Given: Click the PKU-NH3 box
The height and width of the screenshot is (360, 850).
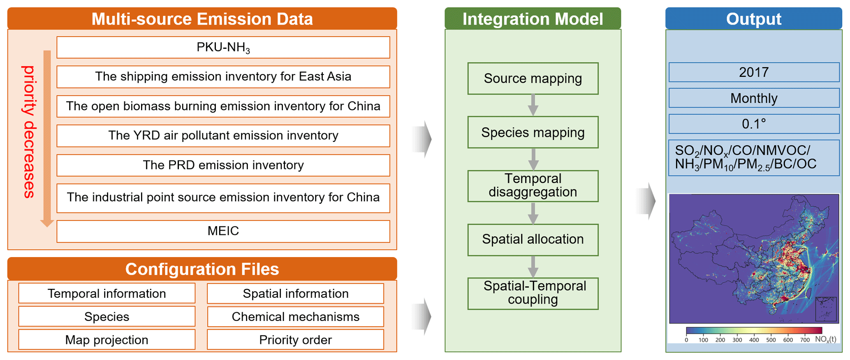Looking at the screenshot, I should (223, 47).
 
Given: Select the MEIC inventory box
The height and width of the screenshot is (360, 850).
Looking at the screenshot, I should (223, 231).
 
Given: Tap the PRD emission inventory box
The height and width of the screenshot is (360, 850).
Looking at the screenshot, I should (223, 165).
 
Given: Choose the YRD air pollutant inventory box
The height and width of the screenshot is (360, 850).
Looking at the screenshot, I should (223, 135).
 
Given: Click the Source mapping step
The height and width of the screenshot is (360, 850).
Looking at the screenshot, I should (533, 78).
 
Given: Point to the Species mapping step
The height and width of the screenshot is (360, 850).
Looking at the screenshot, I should (533, 132).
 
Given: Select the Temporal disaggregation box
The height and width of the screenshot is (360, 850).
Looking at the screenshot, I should (533, 186).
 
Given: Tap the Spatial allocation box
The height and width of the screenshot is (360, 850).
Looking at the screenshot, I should (533, 239).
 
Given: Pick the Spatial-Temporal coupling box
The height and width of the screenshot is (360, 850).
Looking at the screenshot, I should (533, 293).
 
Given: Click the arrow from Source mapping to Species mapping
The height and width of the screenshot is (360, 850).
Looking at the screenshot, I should (533, 105).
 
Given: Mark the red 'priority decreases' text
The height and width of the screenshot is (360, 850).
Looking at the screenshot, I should (29, 132).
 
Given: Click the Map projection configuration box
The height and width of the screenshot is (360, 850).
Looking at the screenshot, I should (107, 339).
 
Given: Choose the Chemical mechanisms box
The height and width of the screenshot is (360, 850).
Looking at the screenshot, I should (295, 316).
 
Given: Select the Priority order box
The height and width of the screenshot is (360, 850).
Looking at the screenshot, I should (295, 339).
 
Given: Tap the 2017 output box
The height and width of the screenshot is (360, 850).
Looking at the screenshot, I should (753, 72).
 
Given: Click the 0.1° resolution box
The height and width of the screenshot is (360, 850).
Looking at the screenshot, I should (753, 124).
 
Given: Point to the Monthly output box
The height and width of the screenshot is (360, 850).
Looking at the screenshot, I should (753, 98).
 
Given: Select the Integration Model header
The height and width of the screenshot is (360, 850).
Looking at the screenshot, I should (533, 19).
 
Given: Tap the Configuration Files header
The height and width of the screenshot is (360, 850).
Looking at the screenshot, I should (202, 269).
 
